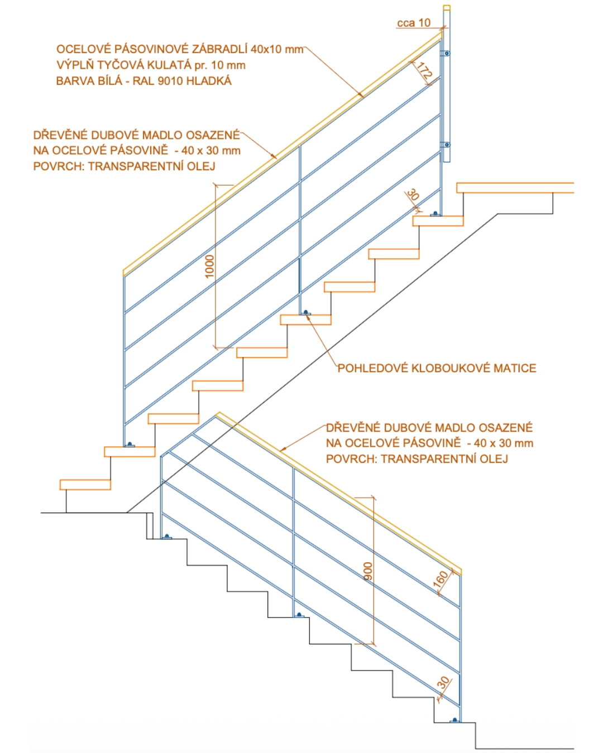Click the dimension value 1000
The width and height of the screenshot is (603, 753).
(209, 267)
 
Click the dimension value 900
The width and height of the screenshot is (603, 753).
(368, 571)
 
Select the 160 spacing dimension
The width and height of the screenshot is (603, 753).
(441, 580)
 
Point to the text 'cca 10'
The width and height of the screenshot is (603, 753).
(413, 23)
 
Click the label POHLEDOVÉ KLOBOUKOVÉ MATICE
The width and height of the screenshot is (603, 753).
(437, 368)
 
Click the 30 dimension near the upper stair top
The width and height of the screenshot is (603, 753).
(413, 195)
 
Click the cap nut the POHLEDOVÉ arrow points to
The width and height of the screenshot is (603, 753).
(305, 312)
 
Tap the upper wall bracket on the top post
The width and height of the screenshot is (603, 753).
(446, 53)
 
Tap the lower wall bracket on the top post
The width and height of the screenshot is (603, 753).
(446, 144)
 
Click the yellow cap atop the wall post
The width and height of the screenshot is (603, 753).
(447, 7)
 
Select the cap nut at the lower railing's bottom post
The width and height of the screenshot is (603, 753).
(455, 720)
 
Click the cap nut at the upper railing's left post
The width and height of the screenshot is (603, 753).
(130, 444)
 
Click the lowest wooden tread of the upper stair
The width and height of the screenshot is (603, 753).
(85, 485)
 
